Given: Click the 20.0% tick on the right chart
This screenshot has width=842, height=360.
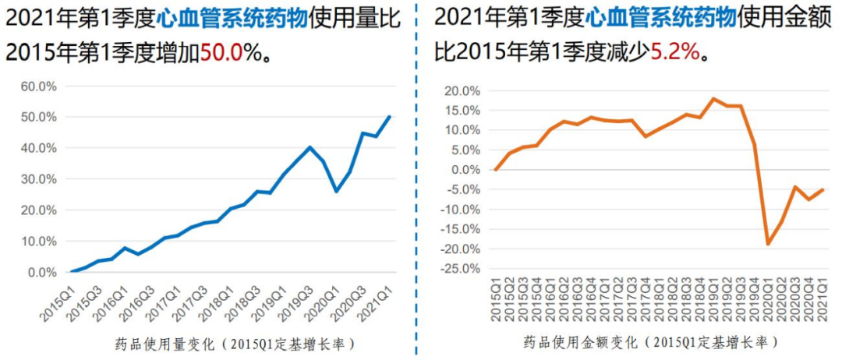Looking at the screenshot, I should [462, 91].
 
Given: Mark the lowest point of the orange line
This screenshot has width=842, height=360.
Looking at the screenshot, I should [768, 244].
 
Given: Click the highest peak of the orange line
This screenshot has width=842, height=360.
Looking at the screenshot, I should [713, 99].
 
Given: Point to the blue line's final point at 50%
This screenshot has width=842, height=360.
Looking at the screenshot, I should [389, 117].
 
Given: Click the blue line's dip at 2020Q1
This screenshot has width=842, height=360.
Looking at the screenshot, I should [336, 191].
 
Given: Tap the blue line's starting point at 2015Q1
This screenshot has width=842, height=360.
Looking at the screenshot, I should [72, 272].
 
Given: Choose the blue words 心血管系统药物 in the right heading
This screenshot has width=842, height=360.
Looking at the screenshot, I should [661, 16].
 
